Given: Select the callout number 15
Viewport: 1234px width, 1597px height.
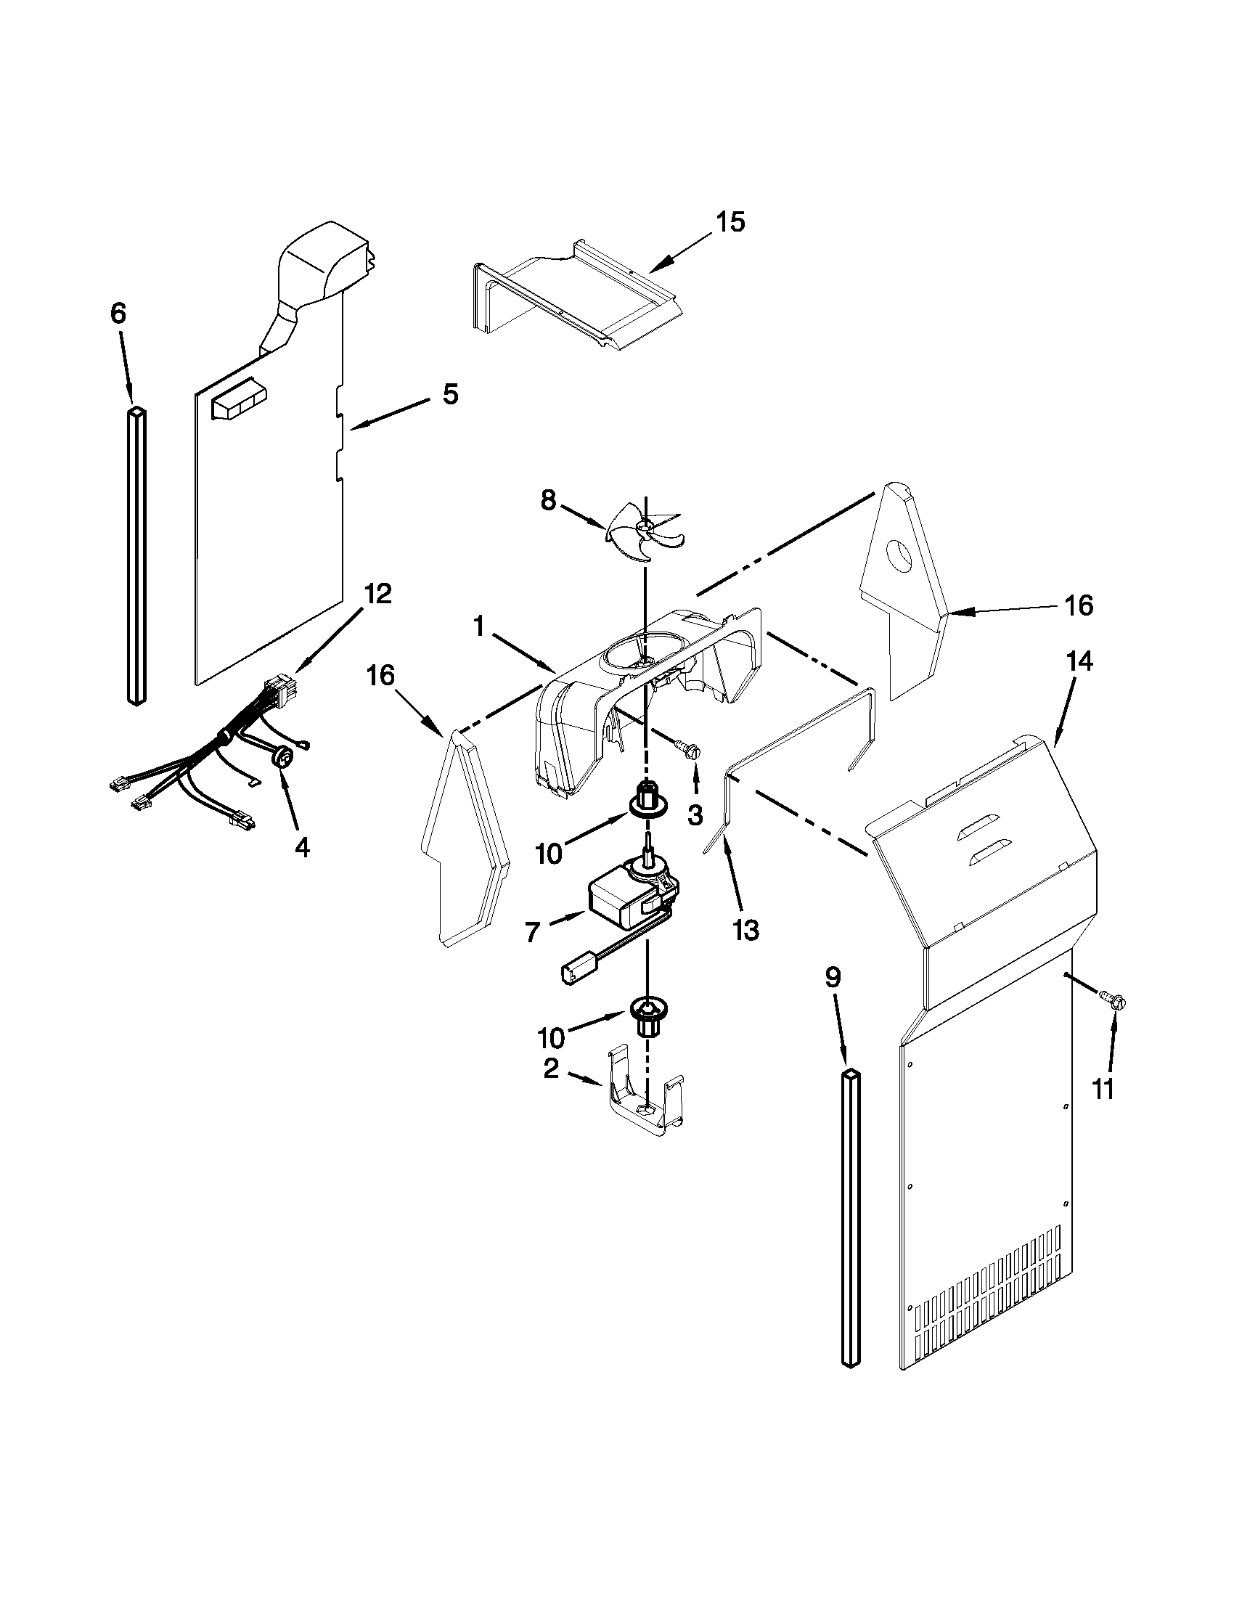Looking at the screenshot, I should (x=729, y=221).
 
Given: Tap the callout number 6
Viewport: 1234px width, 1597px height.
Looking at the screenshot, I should (x=118, y=314).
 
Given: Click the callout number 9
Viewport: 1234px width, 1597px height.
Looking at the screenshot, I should (x=833, y=977).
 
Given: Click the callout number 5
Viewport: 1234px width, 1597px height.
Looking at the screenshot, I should (x=450, y=394).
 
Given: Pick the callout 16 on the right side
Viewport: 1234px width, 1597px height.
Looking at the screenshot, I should (x=1079, y=605).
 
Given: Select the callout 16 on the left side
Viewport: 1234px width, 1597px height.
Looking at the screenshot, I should (x=380, y=676).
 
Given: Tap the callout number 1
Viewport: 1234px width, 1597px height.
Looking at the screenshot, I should (x=479, y=626).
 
